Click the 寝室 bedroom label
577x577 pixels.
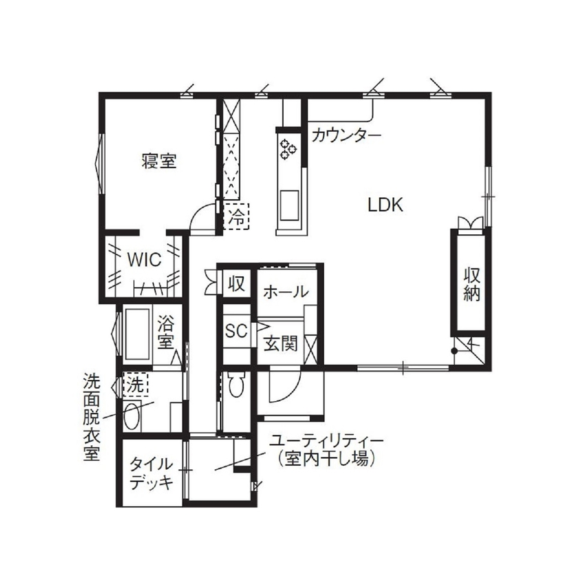(159, 162)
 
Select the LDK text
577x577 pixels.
(388, 205)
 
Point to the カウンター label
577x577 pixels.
(346, 135)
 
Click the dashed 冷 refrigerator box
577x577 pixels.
(237, 218)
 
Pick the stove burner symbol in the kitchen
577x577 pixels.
(286, 148)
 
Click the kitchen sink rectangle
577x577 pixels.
(288, 205)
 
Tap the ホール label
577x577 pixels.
(285, 292)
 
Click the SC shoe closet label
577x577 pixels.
(236, 331)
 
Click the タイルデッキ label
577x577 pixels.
(149, 472)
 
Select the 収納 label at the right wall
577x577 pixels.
(471, 285)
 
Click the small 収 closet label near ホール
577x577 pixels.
(237, 283)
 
